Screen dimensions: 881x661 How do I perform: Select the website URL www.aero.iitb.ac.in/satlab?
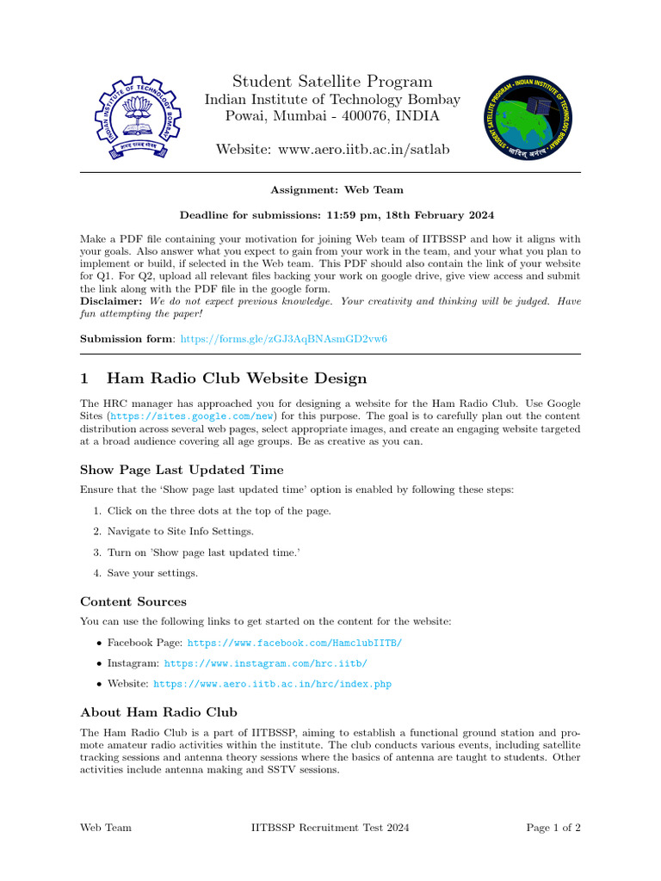coord(362,150)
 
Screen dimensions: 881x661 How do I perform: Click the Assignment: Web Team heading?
coord(337,189)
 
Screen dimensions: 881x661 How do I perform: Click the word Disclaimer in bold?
coord(112,302)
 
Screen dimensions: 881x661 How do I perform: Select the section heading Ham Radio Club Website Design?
coord(236,379)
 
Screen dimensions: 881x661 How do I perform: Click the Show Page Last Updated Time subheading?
coord(182,470)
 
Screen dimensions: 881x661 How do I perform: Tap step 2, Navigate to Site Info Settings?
coord(180,532)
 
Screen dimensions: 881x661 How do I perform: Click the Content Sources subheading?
coord(133,601)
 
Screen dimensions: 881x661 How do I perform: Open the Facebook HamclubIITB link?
coord(294,643)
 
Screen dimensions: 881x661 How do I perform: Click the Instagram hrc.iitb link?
coord(266,663)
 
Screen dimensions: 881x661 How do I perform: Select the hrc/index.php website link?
coord(272,684)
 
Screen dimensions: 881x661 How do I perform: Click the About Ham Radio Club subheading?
coord(158,712)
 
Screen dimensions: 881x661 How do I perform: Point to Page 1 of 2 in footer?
coord(553,828)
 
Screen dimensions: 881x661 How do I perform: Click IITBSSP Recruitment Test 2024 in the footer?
coord(330,828)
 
